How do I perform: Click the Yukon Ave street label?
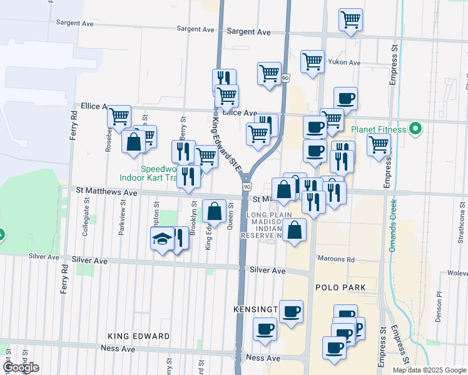pyautogui.click(x=345, y=63)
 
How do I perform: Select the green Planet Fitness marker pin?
pyautogui.click(x=415, y=130)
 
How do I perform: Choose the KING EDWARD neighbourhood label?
pyautogui.click(x=138, y=336)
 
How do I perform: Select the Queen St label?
pyautogui.click(x=231, y=216)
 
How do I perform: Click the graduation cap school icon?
pyautogui.click(x=162, y=239)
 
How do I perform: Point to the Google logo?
pyautogui.click(x=21, y=368)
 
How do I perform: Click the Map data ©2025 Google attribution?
pyautogui.click(x=429, y=370)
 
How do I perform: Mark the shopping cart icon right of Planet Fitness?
pyautogui.click(x=379, y=144)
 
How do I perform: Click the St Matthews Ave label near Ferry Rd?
pyautogui.click(x=106, y=193)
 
